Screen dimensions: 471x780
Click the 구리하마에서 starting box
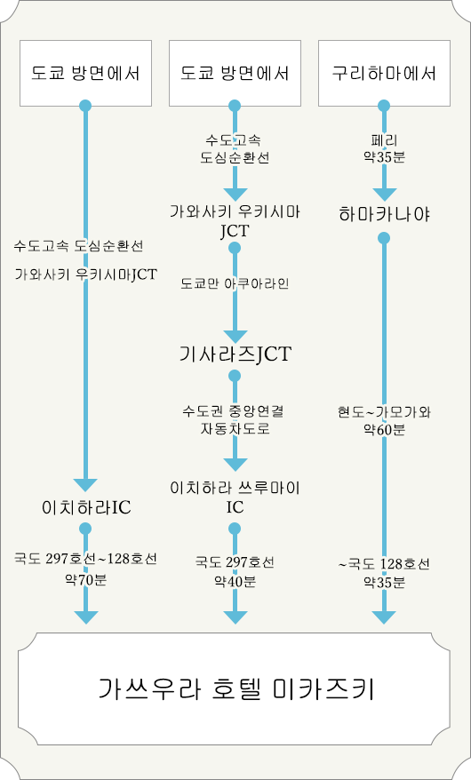(x=384, y=73)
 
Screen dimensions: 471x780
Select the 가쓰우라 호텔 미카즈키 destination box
(x=235, y=689)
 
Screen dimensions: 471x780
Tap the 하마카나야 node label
(x=384, y=214)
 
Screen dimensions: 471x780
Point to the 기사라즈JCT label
(x=235, y=354)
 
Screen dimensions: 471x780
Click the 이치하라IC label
(x=86, y=507)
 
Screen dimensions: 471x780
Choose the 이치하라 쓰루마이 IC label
(x=235, y=497)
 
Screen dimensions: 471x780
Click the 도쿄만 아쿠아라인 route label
(x=235, y=283)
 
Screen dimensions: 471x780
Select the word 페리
(x=384, y=140)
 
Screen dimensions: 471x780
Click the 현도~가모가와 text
(x=384, y=412)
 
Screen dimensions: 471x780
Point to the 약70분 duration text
(x=86, y=579)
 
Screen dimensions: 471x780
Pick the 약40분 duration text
(x=235, y=581)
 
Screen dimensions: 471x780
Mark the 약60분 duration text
(x=384, y=429)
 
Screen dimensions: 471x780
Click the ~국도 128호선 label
(x=384, y=564)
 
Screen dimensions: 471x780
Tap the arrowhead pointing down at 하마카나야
(x=384, y=195)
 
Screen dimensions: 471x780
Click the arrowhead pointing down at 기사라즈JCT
(x=235, y=337)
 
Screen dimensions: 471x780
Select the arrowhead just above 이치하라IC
(x=85, y=485)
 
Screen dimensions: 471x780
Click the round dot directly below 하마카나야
(x=384, y=238)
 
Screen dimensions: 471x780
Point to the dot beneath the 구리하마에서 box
(x=384, y=106)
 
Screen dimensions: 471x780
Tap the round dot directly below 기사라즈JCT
(x=235, y=375)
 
